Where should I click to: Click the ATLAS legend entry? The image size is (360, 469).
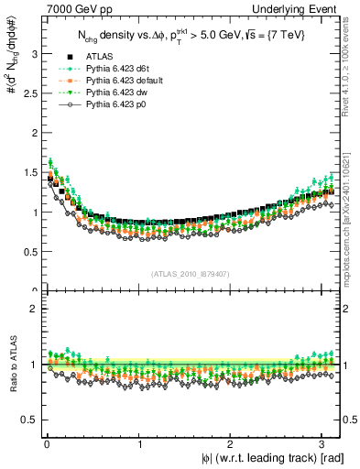(98, 58)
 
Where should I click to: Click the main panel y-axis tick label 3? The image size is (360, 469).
(33, 53)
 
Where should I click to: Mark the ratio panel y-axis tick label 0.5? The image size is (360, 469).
(29, 420)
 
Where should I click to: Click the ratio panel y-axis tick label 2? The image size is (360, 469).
(33, 309)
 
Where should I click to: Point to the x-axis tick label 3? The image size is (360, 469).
(327, 444)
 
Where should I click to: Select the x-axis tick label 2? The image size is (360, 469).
(234, 444)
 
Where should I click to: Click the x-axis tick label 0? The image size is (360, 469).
(47, 444)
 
